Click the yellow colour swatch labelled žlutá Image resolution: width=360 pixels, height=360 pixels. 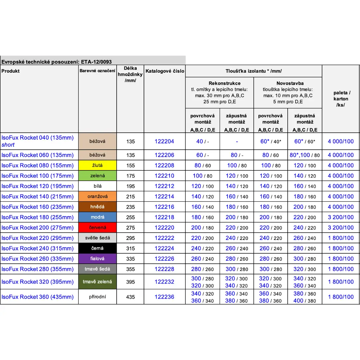[x=98, y=165]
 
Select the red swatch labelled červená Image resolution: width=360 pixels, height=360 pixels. [x=98, y=228]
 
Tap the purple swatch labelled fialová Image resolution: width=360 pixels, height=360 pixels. [x=98, y=259]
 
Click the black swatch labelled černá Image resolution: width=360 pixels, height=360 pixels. [x=98, y=248]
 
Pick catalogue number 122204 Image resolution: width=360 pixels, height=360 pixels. [x=164, y=141]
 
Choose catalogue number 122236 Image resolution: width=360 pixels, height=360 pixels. [x=164, y=297]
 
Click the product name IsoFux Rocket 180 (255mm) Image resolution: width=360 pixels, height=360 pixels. [x=38, y=217]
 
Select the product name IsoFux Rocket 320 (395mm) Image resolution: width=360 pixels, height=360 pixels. [x=38, y=282]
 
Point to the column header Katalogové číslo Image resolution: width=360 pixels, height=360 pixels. [x=165, y=71]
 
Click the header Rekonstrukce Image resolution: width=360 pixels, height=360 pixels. [x=220, y=83]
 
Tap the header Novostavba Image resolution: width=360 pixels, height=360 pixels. [x=288, y=83]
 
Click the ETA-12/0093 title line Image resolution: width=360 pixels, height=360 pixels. [x=57, y=62]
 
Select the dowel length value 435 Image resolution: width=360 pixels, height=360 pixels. [x=131, y=297]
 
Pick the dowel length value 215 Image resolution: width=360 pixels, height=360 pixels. [x=131, y=197]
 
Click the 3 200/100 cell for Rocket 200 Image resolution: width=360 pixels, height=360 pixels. [x=341, y=228]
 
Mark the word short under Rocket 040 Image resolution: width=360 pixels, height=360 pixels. [x=8, y=145]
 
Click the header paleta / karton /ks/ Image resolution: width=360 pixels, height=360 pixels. [x=341, y=99]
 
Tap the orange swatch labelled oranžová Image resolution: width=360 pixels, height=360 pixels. [x=98, y=197]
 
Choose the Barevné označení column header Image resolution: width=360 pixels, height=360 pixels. [x=98, y=71]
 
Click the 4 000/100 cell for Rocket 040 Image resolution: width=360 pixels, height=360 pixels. [x=341, y=141]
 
